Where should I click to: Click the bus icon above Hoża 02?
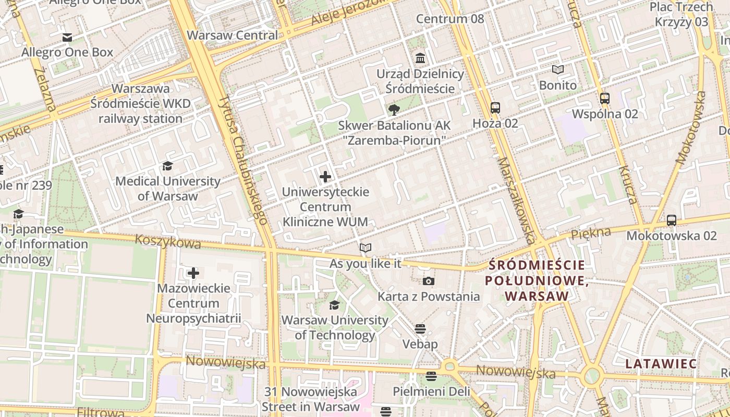click(x=495, y=108)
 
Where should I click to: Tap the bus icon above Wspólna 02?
click(x=605, y=99)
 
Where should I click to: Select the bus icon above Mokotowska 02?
click(x=672, y=220)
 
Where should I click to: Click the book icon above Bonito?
click(x=558, y=69)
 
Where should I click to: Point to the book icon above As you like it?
click(x=366, y=248)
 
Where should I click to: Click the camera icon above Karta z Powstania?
click(x=428, y=281)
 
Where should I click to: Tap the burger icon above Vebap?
click(x=420, y=329)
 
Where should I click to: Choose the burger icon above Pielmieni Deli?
click(x=431, y=376)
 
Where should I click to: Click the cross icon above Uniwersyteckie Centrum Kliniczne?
click(x=325, y=177)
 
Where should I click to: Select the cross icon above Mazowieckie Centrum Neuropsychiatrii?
click(x=193, y=273)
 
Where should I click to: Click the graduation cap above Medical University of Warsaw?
click(x=167, y=166)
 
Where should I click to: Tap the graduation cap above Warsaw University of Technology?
click(x=334, y=305)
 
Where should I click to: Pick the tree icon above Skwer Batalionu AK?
click(x=394, y=109)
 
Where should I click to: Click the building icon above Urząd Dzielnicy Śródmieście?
click(x=420, y=58)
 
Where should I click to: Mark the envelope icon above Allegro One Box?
click(x=67, y=38)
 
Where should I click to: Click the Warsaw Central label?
click(x=233, y=35)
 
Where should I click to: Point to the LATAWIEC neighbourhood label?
click(x=661, y=363)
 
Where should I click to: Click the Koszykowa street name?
click(x=168, y=241)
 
